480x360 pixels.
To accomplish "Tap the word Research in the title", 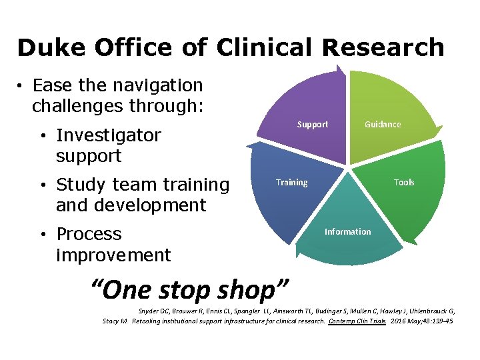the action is click(x=384, y=48).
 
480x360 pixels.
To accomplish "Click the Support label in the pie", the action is click(x=313, y=125).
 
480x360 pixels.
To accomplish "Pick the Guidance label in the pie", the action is click(x=383, y=125).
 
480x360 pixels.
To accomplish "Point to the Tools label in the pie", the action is click(x=404, y=183).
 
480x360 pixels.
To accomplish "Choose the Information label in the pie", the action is click(x=347, y=232).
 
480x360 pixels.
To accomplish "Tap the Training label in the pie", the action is click(x=292, y=183).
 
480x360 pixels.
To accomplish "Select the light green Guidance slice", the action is click(x=387, y=100).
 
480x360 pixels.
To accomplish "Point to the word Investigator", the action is click(x=109, y=135).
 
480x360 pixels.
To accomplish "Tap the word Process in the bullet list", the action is click(x=89, y=234).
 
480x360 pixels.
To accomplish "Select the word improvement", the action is click(x=113, y=255).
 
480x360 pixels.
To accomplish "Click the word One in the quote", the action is click(x=127, y=290).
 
